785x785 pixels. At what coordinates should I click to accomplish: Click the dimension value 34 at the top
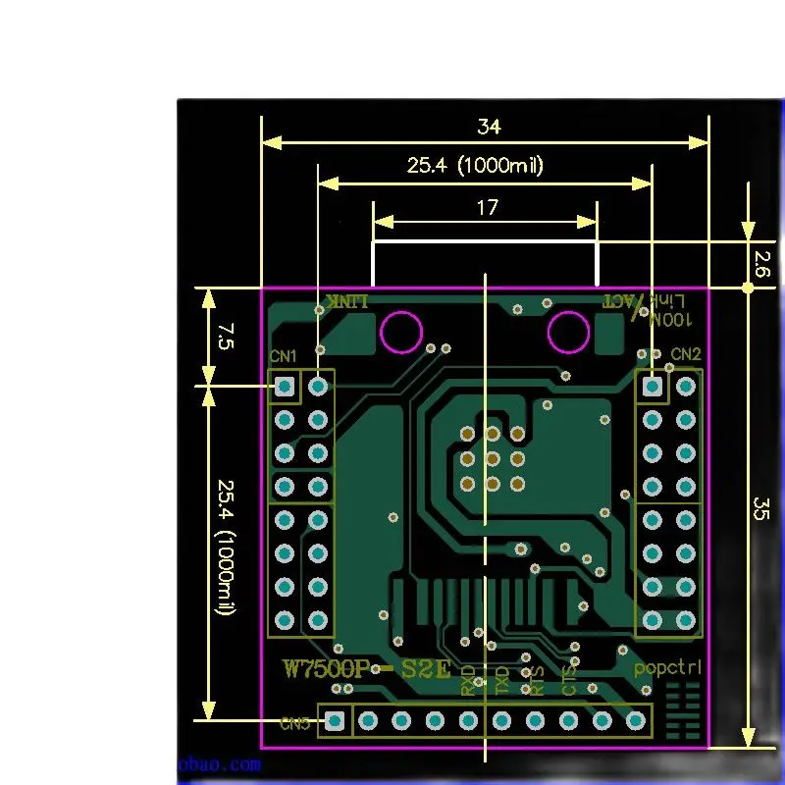point(488,127)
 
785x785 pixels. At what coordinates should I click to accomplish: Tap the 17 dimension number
point(487,207)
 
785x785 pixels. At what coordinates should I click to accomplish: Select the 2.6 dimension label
point(761,263)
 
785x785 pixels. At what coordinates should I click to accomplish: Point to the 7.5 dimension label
point(226,338)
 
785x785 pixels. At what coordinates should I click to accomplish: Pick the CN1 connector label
point(284,355)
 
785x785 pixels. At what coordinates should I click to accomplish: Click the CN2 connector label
point(686,353)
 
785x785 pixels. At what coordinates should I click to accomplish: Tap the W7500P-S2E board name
point(367,669)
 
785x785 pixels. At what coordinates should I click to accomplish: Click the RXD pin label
point(469,679)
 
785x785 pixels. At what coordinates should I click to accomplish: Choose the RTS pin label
point(536,680)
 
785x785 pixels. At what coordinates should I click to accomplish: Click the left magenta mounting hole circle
point(401,332)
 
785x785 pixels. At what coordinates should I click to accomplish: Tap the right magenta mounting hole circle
point(568,332)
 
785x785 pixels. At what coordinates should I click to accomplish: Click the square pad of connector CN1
point(285,387)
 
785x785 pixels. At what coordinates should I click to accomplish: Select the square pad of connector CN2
point(652,387)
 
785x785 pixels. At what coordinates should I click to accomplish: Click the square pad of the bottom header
point(336,721)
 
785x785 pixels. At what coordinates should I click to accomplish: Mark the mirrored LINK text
point(348,300)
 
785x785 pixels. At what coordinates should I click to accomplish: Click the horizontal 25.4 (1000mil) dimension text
point(475,166)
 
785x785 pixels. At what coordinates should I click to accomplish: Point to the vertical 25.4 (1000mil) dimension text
point(226,548)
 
